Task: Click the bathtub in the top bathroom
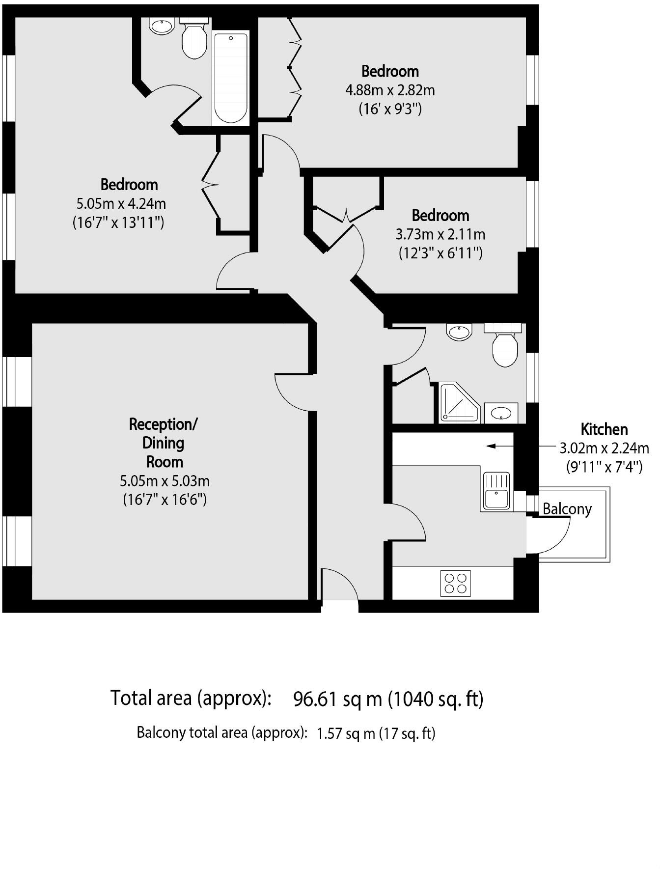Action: click(x=231, y=78)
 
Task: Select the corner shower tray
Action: click(x=459, y=402)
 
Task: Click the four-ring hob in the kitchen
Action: click(x=455, y=583)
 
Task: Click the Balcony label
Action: click(x=567, y=509)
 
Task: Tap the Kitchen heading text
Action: click(x=604, y=429)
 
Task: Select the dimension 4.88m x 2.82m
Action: click(x=390, y=90)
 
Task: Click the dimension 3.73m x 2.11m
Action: click(x=440, y=234)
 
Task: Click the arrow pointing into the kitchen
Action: click(x=500, y=446)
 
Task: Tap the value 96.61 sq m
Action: click(x=337, y=698)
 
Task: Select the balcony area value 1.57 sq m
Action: click(x=346, y=733)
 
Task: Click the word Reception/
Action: click(x=163, y=424)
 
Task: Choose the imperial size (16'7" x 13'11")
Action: click(x=118, y=223)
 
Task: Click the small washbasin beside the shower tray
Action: click(x=501, y=413)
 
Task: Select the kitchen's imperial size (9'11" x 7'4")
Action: click(x=605, y=467)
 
